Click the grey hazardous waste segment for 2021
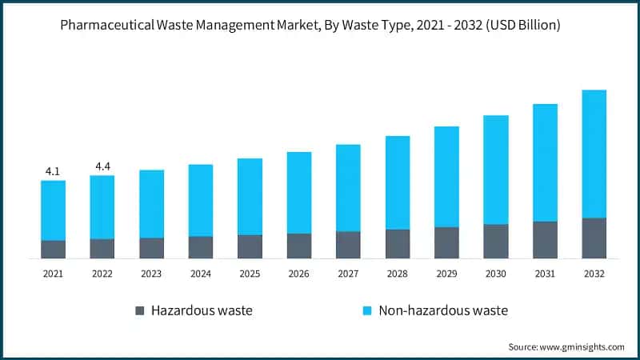click(x=53, y=250)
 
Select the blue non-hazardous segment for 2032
click(x=594, y=154)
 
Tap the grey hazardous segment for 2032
click(x=594, y=238)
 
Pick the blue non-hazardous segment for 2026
click(x=299, y=193)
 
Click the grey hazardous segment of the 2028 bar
click(x=398, y=244)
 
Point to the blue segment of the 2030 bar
click(x=496, y=170)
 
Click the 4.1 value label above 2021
click(x=53, y=172)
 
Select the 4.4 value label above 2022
click(x=103, y=166)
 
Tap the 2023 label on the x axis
click(x=151, y=274)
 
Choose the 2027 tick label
click(x=348, y=274)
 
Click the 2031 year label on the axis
click(x=545, y=274)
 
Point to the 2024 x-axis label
click(x=201, y=274)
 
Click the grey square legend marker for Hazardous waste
click(x=139, y=310)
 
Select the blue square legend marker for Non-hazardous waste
click(x=367, y=310)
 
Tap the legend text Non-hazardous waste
click(x=443, y=310)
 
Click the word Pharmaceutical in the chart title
click(x=107, y=26)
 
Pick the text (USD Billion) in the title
click(x=523, y=26)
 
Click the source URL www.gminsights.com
click(x=582, y=347)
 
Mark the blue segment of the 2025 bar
click(x=250, y=197)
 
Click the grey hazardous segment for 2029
click(x=446, y=243)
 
